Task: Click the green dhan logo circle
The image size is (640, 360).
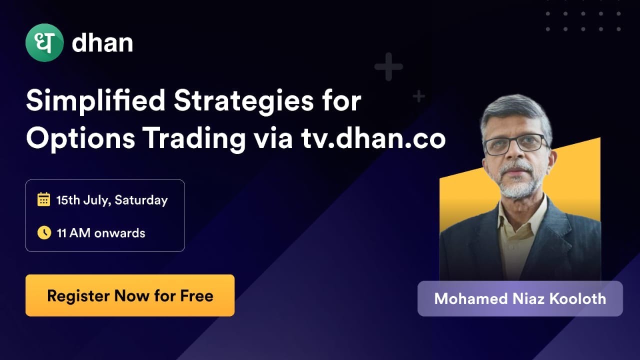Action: pos(44,43)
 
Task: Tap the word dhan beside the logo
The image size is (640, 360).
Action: pos(102,43)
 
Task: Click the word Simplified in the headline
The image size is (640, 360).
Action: pos(95,101)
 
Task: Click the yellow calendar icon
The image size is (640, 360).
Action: pos(44,200)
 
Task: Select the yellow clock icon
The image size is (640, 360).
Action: pos(44,232)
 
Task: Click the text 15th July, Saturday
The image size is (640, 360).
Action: pos(112,200)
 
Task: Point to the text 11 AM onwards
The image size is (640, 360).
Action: pos(101,233)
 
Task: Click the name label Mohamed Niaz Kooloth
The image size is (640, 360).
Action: pos(520,298)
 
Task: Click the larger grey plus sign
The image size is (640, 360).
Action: pos(388,66)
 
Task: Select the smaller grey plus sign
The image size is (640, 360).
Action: pos(418,96)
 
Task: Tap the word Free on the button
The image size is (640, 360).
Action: pos(196,295)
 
